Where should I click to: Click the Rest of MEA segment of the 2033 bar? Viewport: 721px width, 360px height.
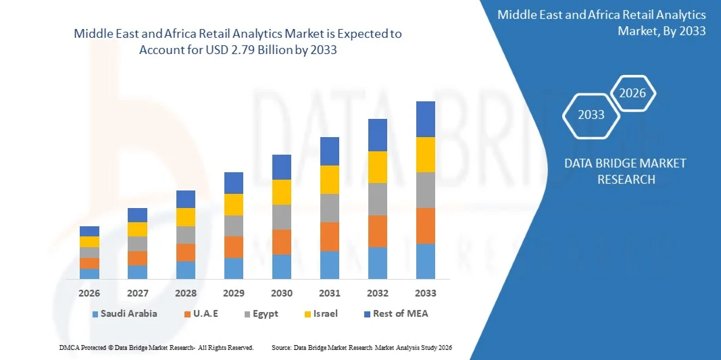click(x=425, y=119)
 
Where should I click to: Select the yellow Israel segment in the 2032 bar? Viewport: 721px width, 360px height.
click(x=377, y=167)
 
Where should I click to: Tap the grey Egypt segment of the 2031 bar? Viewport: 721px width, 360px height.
click(x=329, y=208)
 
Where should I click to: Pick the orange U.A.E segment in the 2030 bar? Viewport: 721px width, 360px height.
click(x=282, y=242)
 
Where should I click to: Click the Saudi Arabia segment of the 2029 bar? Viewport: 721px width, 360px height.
click(x=234, y=268)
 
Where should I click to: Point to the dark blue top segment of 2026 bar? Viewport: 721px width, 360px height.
click(x=89, y=231)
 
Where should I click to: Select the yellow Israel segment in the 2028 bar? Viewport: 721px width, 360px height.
click(x=186, y=217)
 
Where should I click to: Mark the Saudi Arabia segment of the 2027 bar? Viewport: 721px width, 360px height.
click(x=137, y=272)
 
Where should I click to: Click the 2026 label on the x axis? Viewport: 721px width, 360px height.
click(x=89, y=293)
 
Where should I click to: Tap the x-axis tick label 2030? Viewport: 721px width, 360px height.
click(x=282, y=293)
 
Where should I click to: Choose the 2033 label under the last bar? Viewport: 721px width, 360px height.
click(x=426, y=293)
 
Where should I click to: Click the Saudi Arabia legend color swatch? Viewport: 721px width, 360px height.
click(x=95, y=314)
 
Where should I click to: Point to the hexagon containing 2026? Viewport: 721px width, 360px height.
click(x=633, y=93)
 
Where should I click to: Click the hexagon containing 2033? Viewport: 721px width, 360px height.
click(x=591, y=114)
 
